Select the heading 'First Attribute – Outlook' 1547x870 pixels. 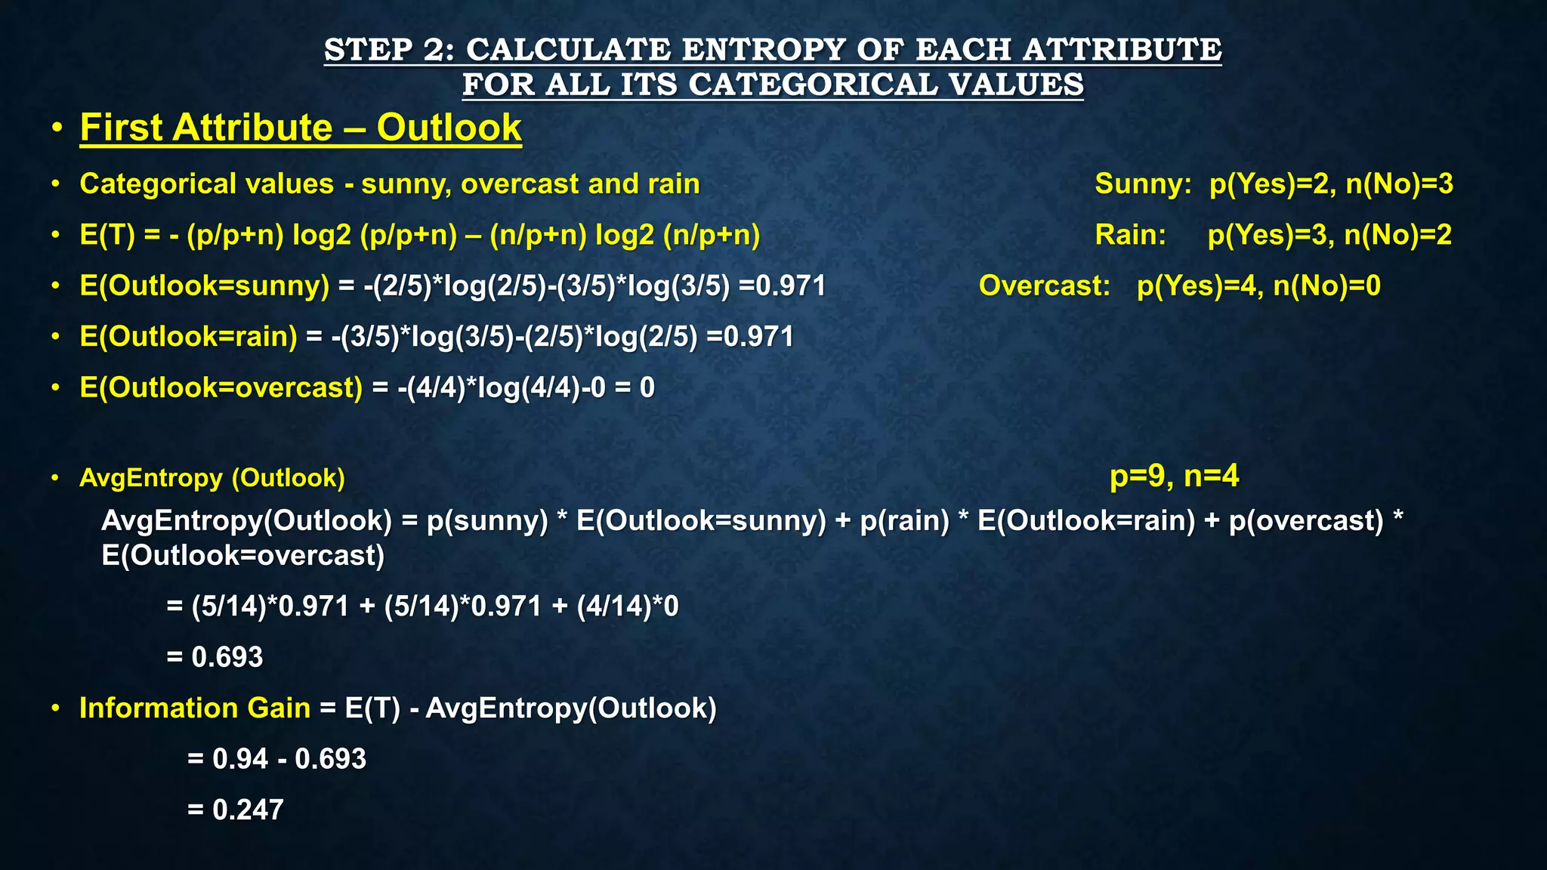pyautogui.click(x=301, y=128)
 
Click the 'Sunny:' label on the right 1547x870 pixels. pyautogui.click(x=1143, y=184)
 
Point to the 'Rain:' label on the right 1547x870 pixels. pyautogui.click(x=1130, y=235)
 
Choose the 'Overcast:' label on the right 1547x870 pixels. pyautogui.click(x=1045, y=285)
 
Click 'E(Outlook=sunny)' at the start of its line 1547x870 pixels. pyautogui.click(x=205, y=286)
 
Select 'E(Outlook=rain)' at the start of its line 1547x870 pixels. pyautogui.click(x=189, y=337)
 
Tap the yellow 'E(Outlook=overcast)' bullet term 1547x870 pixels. pyautogui.click(x=221, y=388)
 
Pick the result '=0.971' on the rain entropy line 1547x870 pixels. pyautogui.click(x=750, y=337)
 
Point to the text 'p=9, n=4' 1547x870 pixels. pyautogui.click(x=1174, y=476)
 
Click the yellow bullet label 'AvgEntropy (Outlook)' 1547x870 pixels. pyautogui.click(x=212, y=478)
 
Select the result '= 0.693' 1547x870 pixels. pyautogui.click(x=215, y=657)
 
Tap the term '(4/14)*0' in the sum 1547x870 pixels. pyautogui.click(x=627, y=606)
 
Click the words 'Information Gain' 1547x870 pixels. pyautogui.click(x=195, y=708)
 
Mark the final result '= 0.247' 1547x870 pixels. pyautogui.click(x=236, y=810)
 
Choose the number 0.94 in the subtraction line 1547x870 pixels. pyautogui.click(x=240, y=759)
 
